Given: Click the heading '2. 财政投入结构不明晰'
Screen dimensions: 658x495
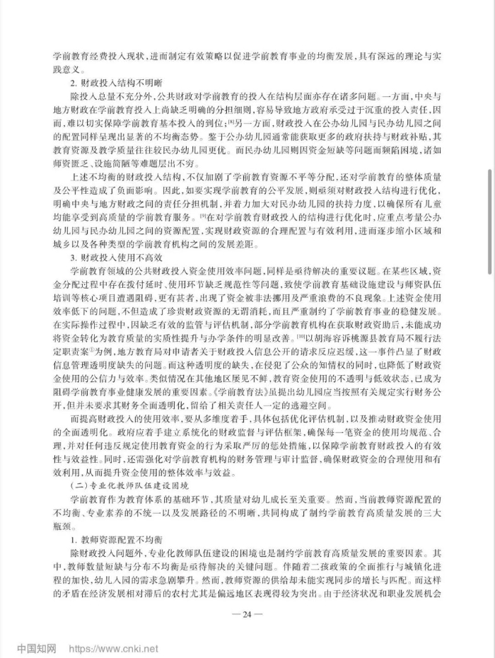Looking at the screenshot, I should tap(112, 82).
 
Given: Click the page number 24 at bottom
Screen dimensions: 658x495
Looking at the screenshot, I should tap(247, 613).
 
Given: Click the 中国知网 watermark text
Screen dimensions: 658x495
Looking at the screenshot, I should tap(37, 646).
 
